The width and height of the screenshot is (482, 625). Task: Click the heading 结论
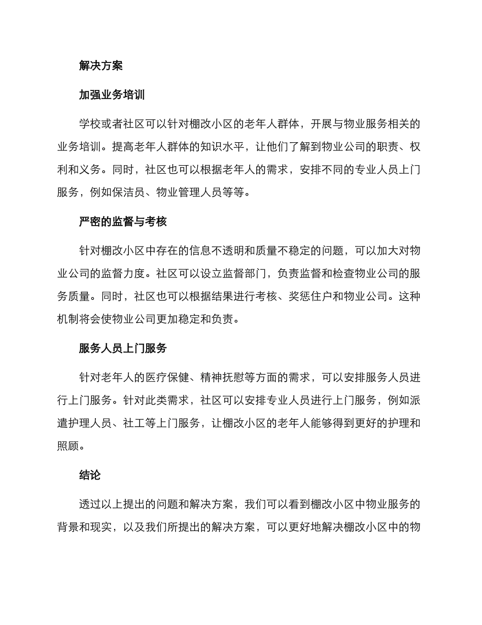[90, 475]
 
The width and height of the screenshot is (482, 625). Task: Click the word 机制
[68, 319]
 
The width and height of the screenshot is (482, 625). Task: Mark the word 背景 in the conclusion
[68, 527]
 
